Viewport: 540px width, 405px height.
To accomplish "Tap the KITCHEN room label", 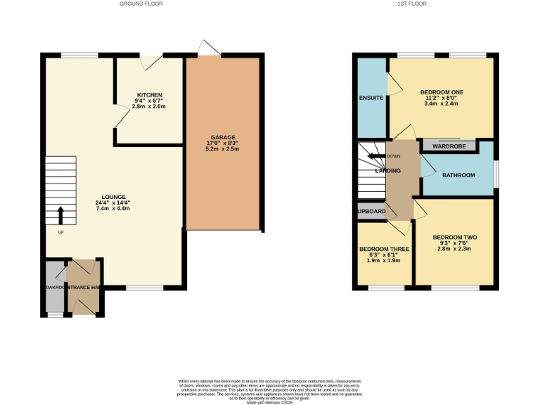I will point(150,95).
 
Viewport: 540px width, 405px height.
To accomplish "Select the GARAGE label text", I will point(223,137).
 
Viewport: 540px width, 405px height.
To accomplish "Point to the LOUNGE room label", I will point(113,197).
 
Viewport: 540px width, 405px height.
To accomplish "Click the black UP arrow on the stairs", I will point(60,214).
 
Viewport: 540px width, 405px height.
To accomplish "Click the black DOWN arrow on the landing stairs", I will point(375,157).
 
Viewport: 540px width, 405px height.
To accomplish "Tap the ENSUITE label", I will point(371,97).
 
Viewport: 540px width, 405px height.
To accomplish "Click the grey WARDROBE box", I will point(448,146).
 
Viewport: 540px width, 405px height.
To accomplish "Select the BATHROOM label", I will point(458,175).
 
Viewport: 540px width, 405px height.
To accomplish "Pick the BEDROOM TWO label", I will point(455,238).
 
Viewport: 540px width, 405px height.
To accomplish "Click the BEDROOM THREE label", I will point(384,249).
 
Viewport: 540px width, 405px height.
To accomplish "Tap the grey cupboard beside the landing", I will point(371,211).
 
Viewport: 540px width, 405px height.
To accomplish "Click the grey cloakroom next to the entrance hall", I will point(55,287).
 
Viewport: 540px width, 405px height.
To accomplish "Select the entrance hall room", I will point(84,287).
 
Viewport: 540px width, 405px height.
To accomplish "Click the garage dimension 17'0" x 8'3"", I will point(223,143).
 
